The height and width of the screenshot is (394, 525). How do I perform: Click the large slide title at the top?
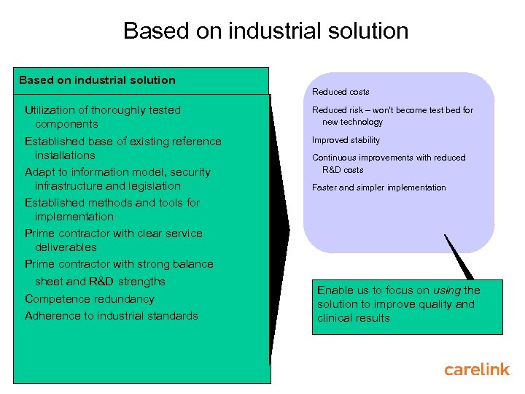tap(265, 31)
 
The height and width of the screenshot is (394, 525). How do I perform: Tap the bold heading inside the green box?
tap(97, 80)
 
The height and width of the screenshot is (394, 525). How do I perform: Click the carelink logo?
tap(477, 369)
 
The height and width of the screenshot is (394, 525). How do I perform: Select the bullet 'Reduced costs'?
tap(341, 92)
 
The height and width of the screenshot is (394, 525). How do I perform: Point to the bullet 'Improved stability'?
tap(346, 140)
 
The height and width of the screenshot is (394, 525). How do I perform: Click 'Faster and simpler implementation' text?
tap(378, 188)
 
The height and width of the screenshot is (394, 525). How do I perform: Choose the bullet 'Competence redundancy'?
tap(90, 298)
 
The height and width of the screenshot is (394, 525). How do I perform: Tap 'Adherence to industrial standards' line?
tap(112, 316)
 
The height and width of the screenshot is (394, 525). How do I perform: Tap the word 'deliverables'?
tap(66, 247)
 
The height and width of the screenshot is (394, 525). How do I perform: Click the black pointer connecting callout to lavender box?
tap(457, 256)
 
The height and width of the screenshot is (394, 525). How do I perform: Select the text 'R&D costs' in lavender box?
tap(343, 170)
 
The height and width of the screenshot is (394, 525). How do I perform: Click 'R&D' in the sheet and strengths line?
tap(102, 282)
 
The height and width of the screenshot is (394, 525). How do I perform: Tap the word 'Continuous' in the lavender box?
tap(335, 158)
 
